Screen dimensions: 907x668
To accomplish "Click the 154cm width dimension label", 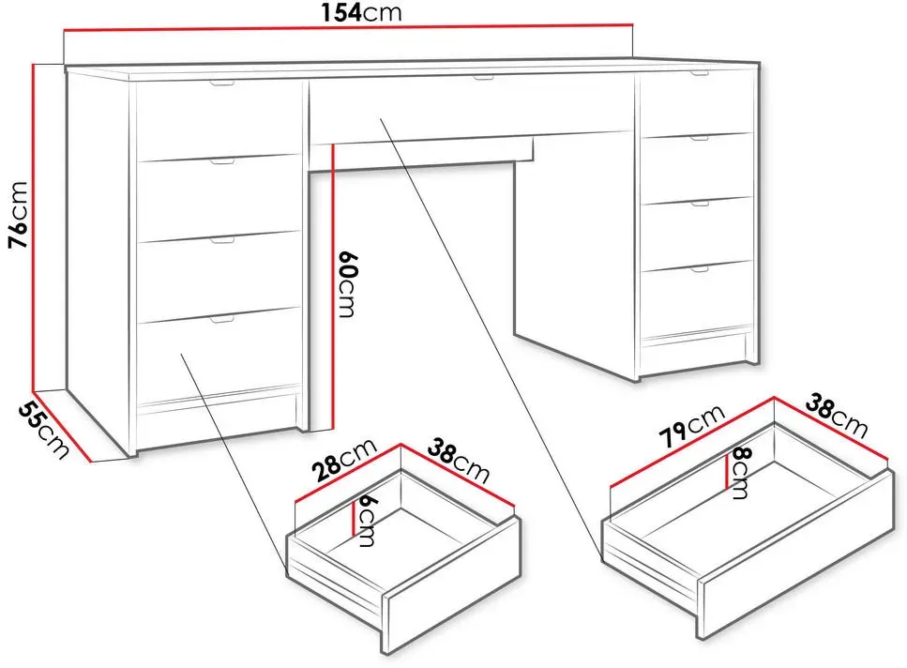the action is tap(361, 12).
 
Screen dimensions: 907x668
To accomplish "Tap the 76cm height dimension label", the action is tap(18, 215).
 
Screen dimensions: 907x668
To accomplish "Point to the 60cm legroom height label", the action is tap(347, 284).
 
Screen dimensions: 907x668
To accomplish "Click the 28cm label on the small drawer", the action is tap(344, 460).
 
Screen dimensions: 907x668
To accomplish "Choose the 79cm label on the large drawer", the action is tap(692, 426).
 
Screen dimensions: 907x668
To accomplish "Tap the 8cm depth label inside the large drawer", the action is tap(740, 473).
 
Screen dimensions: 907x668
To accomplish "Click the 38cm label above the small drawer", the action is tap(459, 461).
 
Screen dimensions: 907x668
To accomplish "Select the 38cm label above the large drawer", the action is tap(837, 416).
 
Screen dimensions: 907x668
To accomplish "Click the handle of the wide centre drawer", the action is tap(482, 78).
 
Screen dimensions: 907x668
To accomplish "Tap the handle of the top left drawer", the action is tap(222, 83).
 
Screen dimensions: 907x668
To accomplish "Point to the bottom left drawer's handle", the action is tap(221, 319).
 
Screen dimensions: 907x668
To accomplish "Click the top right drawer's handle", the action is tap(699, 73).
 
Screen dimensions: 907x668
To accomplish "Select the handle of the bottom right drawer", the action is tap(700, 268).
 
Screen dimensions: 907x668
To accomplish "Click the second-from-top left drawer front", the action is tap(219, 198).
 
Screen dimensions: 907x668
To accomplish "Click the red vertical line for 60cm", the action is tap(334, 287).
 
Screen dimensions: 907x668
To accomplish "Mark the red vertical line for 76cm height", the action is tap(34, 227).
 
